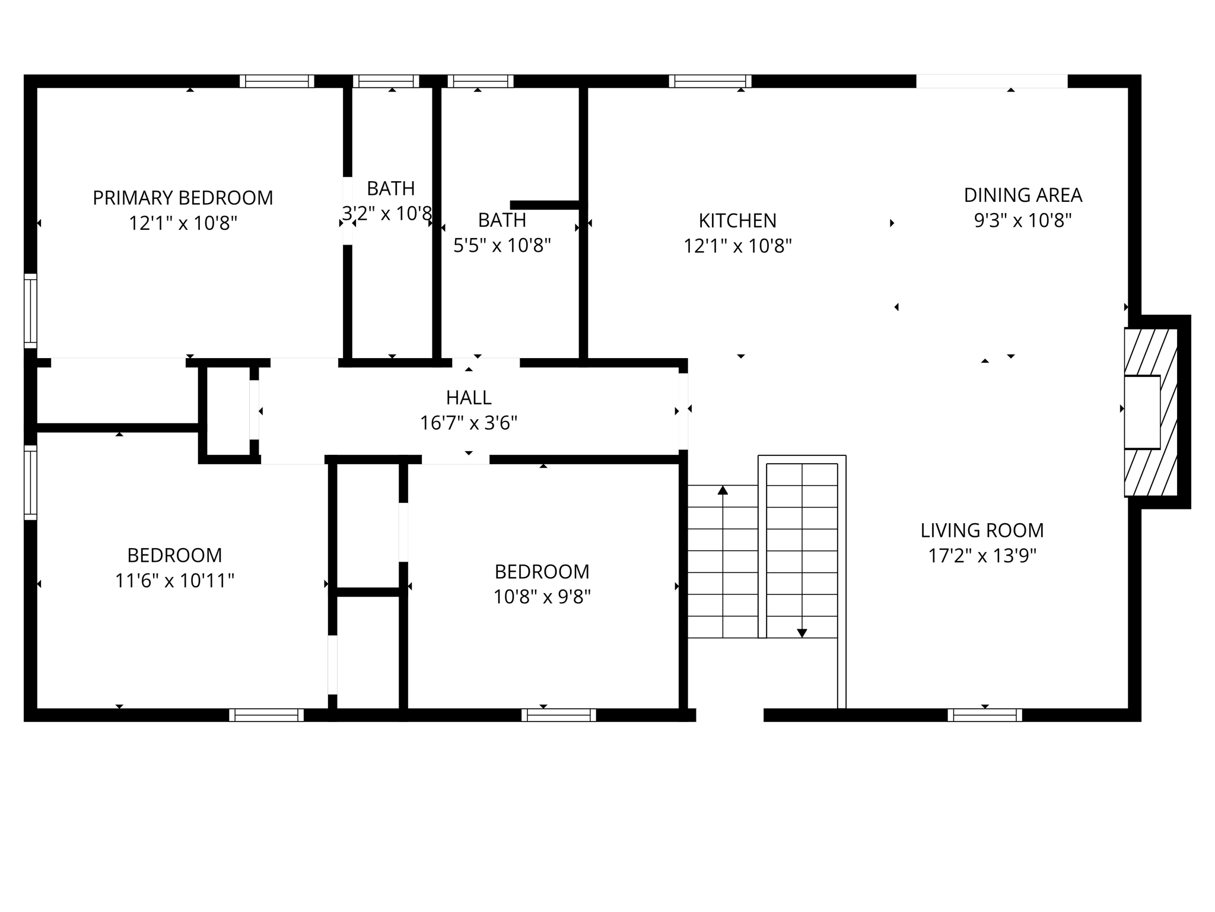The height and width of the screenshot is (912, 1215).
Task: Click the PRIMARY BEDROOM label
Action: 183,198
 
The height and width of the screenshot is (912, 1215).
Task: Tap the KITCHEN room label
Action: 737,221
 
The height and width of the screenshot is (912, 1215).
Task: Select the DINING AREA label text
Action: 1023,195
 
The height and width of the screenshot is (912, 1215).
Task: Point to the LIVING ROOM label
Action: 982,530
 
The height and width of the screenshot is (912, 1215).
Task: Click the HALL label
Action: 469,397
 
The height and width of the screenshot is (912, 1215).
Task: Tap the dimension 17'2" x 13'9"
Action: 982,556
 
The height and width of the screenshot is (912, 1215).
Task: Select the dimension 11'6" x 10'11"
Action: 174,581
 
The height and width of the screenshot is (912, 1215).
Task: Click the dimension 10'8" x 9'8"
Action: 542,597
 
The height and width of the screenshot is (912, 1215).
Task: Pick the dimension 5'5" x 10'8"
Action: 502,245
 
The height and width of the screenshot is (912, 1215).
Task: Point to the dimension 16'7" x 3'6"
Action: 469,423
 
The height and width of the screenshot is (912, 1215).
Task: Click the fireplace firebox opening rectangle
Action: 1142,412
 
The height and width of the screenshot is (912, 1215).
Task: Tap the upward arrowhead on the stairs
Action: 723,490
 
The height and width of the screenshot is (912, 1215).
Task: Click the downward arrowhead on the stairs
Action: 802,633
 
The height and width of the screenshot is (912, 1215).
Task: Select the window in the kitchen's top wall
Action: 710,81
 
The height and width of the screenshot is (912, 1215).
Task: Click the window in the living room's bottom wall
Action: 985,715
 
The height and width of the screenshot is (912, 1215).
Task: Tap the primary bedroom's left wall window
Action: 30,311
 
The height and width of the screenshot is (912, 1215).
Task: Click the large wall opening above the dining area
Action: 992,81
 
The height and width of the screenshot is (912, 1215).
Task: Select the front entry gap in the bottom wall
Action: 730,715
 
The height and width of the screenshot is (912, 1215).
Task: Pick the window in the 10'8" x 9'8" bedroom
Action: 558,715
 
